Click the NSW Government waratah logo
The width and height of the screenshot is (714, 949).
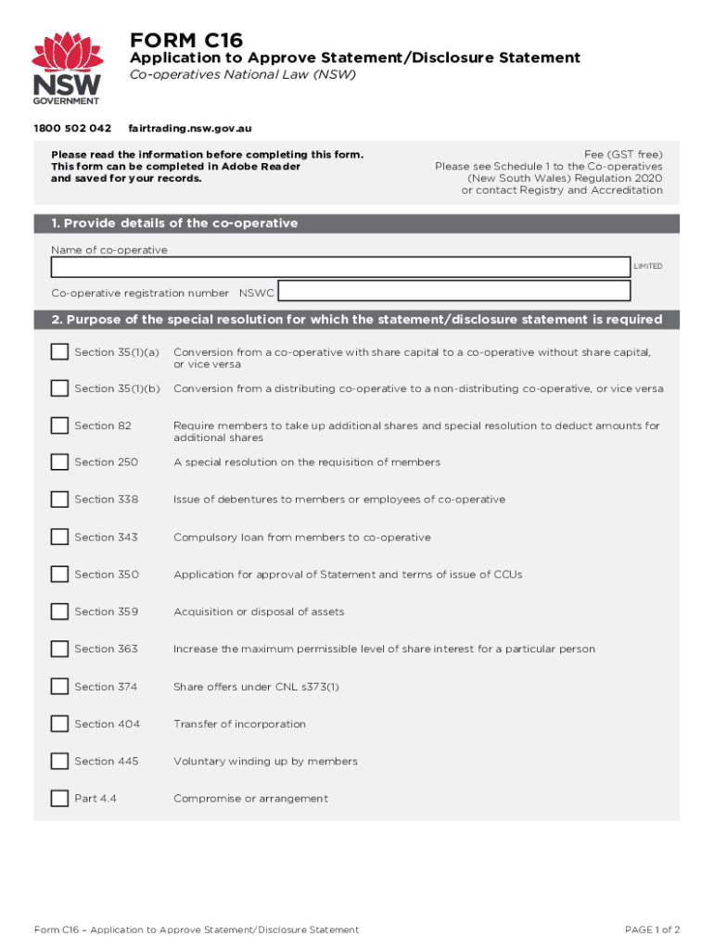pos(68,68)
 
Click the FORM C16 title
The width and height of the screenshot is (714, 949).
pos(186,40)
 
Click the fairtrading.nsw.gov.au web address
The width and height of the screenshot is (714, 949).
pos(190,128)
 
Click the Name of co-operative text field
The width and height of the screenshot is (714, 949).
pos(340,268)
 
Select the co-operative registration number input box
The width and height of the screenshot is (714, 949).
pos(454,292)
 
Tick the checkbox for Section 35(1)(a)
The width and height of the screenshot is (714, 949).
pos(60,352)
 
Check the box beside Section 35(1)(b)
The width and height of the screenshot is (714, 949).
pos(60,388)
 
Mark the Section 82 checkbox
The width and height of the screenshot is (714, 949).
pos(60,425)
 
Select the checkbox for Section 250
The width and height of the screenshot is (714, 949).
pos(60,462)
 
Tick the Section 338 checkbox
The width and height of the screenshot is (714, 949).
pos(60,500)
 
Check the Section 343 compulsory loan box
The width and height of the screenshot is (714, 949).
pos(60,537)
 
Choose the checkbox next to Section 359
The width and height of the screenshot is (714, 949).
pos(60,612)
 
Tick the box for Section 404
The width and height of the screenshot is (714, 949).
pos(60,724)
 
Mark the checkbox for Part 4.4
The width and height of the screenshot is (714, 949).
pos(60,798)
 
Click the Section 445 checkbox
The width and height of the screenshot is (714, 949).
pos(60,761)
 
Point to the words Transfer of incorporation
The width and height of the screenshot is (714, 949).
pos(239,724)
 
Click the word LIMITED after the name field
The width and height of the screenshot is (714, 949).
pos(648,267)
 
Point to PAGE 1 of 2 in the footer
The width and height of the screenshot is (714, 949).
pos(653,930)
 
